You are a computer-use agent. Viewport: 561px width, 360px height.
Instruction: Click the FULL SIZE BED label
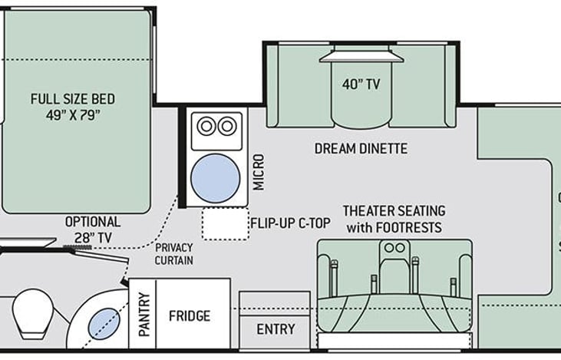[73, 99]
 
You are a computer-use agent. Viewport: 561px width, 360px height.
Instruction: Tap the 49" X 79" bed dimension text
[73, 115]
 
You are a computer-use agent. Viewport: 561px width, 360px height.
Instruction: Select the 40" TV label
[361, 84]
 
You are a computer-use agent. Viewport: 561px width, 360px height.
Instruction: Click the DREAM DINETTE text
[361, 148]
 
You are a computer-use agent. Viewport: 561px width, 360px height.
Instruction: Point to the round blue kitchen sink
[216, 178]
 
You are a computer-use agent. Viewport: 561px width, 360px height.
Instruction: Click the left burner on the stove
[206, 126]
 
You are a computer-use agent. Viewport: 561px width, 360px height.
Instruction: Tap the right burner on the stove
[227, 126]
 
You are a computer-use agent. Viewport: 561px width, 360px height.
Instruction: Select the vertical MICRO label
[259, 172]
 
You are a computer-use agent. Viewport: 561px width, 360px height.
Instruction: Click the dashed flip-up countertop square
[226, 223]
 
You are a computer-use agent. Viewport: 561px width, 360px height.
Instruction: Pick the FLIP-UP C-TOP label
[290, 223]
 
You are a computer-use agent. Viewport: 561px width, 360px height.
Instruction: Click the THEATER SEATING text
[394, 211]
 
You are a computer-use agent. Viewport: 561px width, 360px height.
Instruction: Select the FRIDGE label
[190, 316]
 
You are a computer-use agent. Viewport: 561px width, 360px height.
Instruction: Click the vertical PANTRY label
[144, 315]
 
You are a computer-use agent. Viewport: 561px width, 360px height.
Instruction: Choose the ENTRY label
[276, 329]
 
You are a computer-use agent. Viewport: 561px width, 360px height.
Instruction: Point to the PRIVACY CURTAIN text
[174, 254]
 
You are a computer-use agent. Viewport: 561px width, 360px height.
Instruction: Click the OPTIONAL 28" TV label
[93, 230]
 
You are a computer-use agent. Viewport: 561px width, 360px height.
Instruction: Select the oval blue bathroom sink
[104, 324]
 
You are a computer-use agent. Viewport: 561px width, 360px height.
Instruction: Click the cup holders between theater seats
[394, 248]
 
